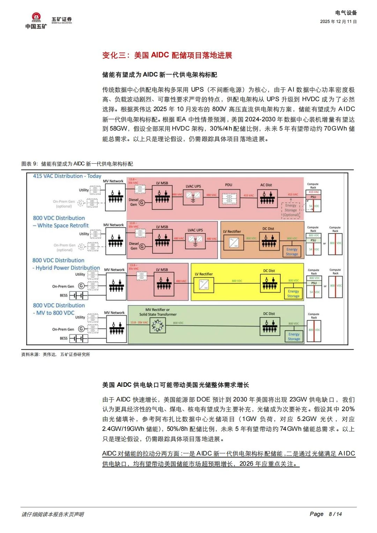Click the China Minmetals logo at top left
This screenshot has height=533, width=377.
36,21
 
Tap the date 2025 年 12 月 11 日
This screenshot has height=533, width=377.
338,22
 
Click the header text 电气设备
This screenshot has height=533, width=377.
346,13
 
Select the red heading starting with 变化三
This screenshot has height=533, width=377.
167,55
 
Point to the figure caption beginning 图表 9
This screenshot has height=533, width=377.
77,164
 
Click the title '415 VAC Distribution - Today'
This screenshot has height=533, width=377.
67,176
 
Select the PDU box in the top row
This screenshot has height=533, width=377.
229,199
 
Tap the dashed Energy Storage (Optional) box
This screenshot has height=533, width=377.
291,210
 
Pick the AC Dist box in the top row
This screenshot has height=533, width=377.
267,199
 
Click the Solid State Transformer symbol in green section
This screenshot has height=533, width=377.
157,326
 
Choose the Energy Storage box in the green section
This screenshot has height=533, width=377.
294,336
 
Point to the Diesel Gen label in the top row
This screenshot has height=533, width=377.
134,202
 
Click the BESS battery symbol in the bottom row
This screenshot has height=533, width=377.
79,338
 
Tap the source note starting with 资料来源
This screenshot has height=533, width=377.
56,354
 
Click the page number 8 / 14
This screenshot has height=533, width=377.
335,514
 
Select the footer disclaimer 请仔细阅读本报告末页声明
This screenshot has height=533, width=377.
53,514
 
